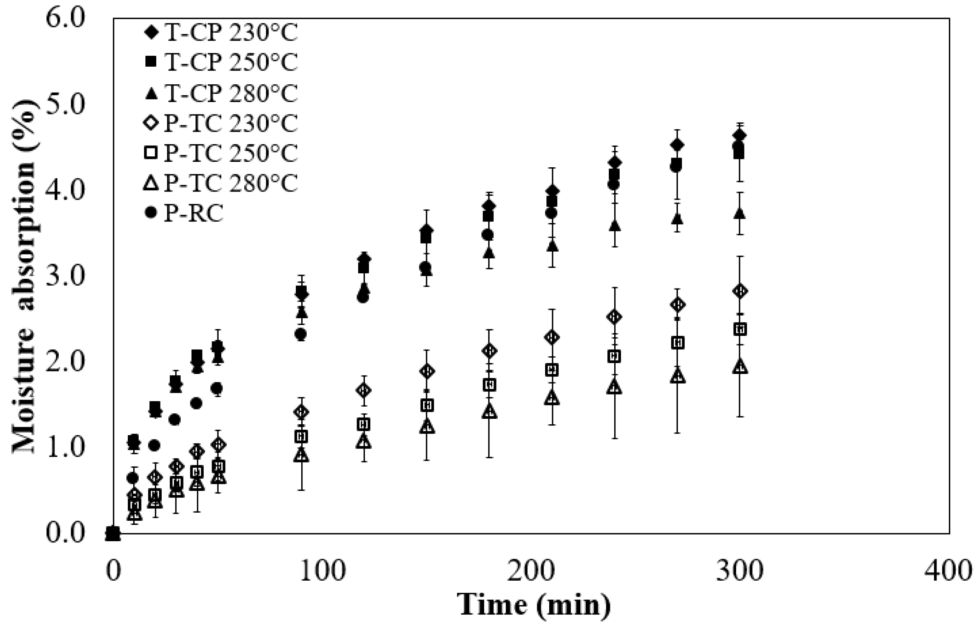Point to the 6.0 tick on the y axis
(65, 19)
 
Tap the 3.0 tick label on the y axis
(65, 276)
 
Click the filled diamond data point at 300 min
(740, 136)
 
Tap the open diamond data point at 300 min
(740, 291)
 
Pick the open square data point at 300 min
(740, 330)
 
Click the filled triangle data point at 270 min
(677, 219)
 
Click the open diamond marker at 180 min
(489, 351)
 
